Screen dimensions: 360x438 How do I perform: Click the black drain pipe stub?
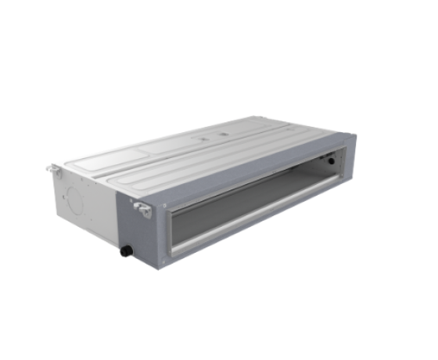point(124,251)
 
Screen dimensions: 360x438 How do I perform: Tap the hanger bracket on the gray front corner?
point(143,207)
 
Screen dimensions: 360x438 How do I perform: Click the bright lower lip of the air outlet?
point(250,225)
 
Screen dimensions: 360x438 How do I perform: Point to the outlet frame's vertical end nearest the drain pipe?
point(174,231)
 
